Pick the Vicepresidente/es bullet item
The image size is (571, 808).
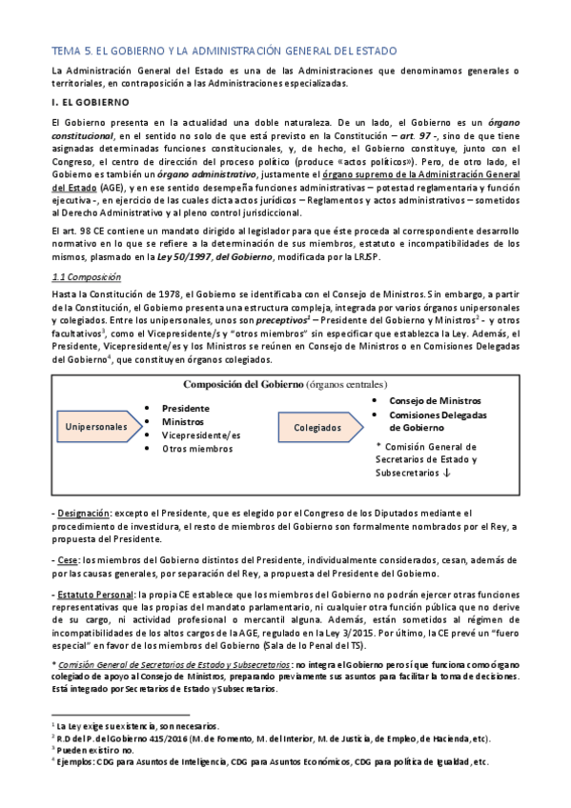coord(201,434)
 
